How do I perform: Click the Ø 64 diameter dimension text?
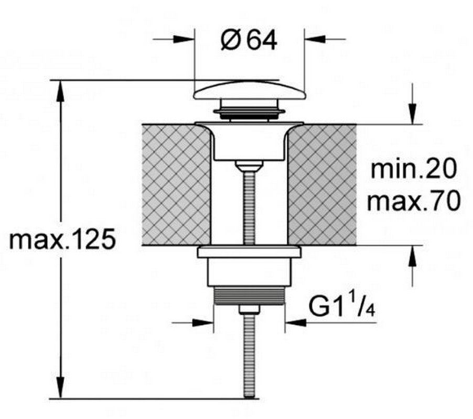tap(249, 41)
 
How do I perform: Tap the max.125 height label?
tap(62, 239)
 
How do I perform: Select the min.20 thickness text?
tap(413, 169)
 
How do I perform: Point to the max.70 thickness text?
tap(414, 201)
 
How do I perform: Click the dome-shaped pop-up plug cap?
tap(249, 91)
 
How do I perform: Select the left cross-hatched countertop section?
tap(177, 185)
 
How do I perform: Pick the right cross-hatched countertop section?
tap(322, 185)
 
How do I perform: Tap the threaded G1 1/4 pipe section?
tap(249, 295)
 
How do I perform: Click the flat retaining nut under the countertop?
tap(249, 252)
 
